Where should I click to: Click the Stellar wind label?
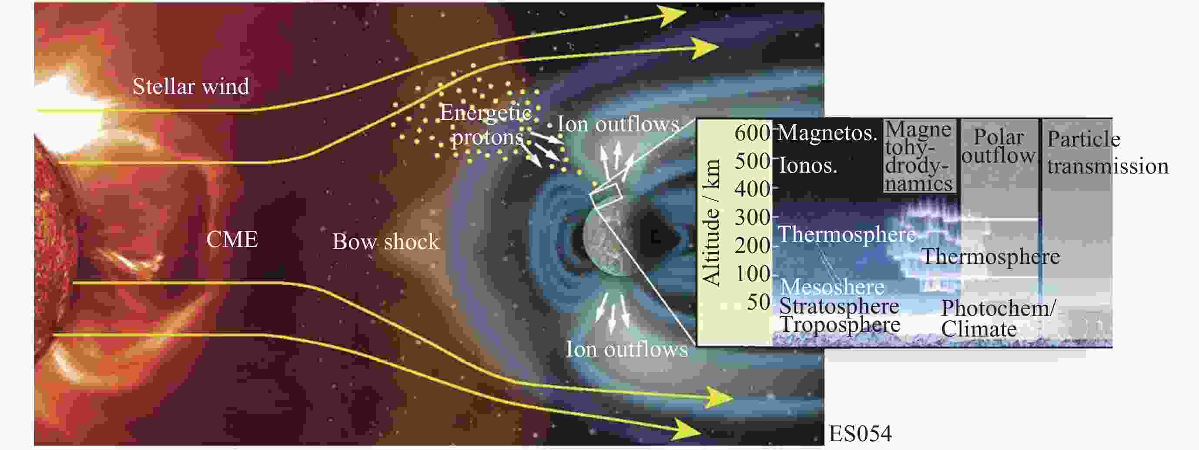pos(191,87)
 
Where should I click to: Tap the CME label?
pos(232,240)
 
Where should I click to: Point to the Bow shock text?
pos(385,241)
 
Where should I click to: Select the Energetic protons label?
pos(486,125)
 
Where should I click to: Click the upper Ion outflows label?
pos(619,124)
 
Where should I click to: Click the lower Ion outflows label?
pos(626,349)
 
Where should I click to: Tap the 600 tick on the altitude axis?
pos(753,133)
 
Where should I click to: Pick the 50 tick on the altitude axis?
pos(759,303)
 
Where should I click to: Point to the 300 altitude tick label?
pos(753,217)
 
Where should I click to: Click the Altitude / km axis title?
pos(711,223)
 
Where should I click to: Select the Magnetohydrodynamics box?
pos(919,156)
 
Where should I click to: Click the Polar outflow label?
pos(998,146)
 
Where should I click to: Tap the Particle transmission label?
pos(1108,153)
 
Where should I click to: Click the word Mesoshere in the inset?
pos(832,287)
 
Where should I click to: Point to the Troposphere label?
pos(840,325)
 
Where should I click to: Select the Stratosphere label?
pos(839,306)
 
